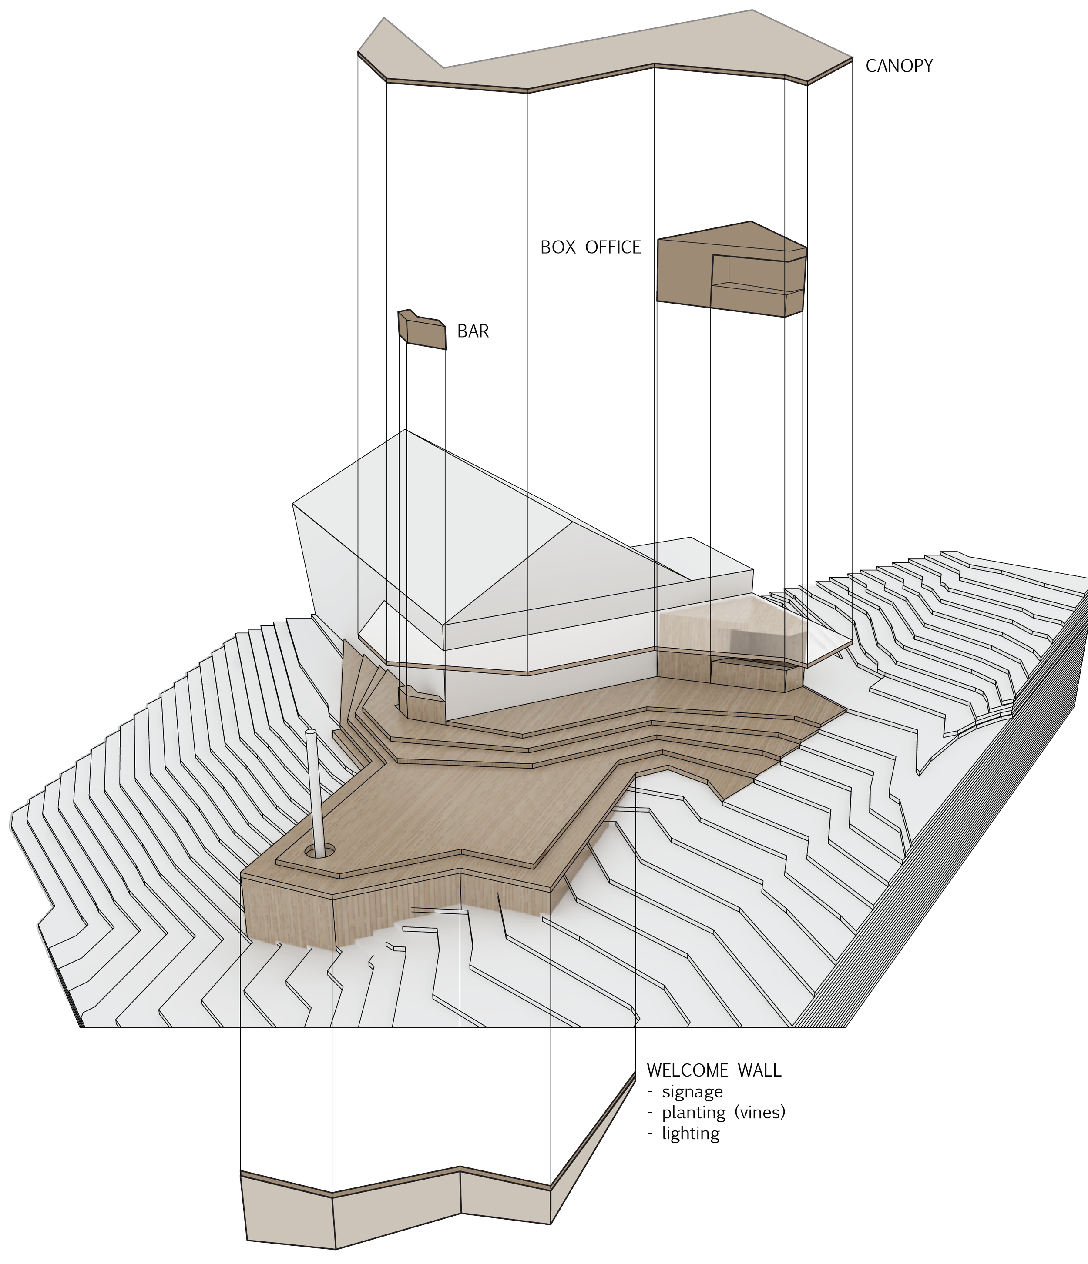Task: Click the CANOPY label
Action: click(x=899, y=66)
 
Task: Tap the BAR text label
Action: click(x=473, y=331)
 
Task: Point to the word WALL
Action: click(x=760, y=1070)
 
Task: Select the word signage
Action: click(x=692, y=1092)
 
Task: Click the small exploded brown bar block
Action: click(x=422, y=330)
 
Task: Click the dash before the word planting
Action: click(x=651, y=1114)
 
